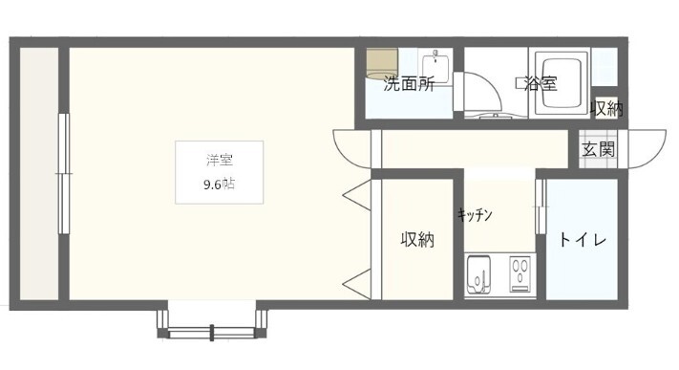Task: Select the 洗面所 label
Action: point(409,83)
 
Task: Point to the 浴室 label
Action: point(541,83)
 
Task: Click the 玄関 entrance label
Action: point(600,150)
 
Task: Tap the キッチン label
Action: point(475,215)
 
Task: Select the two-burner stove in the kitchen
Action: point(520,276)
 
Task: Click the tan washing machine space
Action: point(377,58)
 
